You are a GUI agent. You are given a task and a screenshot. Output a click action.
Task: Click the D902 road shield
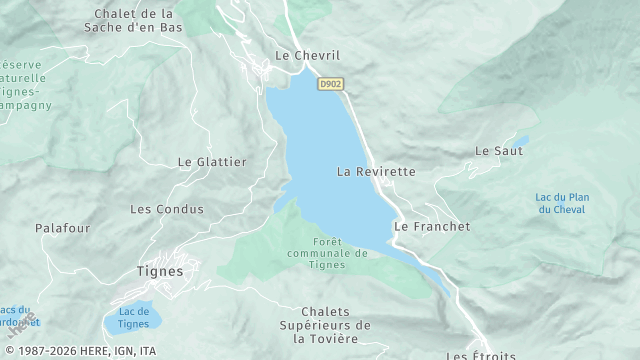331,85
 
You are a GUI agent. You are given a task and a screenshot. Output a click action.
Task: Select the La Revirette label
376,172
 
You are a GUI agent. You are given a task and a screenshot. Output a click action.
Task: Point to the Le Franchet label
432,227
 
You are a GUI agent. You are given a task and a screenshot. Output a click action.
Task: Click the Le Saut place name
493,151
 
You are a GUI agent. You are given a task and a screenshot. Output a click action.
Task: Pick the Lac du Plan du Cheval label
562,203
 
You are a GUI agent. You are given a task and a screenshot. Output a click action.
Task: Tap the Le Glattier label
212,161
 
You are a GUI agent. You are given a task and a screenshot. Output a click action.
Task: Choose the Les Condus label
167,210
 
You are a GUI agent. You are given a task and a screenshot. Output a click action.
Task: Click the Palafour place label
63,229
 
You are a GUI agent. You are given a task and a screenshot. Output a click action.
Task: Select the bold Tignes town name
159,270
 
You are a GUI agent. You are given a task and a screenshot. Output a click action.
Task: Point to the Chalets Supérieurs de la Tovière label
325,325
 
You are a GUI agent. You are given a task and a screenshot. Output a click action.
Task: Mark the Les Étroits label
481,355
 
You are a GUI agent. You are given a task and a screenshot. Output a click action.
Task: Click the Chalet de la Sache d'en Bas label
134,21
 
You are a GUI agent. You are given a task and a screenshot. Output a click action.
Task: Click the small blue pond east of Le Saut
522,141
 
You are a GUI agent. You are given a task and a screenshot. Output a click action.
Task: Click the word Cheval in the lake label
562,209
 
